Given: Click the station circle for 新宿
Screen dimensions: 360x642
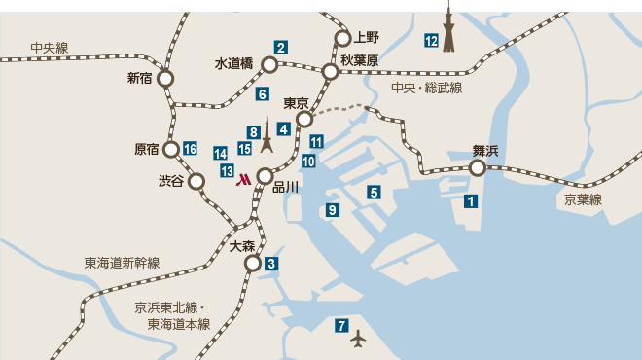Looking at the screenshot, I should coord(166,78).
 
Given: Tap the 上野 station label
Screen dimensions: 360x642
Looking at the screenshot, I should coord(365,38).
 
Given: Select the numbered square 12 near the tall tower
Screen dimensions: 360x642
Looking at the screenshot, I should coord(431,40).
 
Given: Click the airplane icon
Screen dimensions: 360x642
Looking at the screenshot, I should coord(360,339).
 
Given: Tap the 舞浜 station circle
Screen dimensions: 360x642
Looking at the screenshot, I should coord(478,168).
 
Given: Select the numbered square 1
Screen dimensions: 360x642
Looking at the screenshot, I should coord(471,201).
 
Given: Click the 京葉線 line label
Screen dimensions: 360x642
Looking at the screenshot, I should coord(584,199).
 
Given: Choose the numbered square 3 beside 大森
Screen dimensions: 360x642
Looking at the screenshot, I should coord(271,264).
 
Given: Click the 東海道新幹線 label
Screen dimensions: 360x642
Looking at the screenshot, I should coord(122,263).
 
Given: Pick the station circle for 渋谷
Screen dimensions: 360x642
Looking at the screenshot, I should coord(196,181).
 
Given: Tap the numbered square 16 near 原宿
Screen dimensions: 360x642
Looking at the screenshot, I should coord(190,149).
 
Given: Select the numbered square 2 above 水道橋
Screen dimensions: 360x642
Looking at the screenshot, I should coord(280,47).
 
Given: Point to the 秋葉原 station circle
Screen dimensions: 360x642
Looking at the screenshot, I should coord(331,72).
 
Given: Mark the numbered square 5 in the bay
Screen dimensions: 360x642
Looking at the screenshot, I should coord(374,192).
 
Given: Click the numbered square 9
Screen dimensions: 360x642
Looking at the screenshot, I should coord(333,210).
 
